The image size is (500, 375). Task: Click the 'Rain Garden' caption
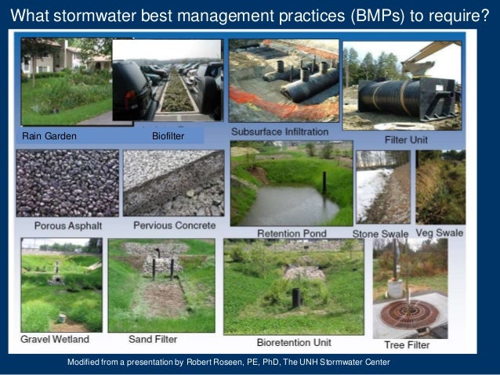(49, 136)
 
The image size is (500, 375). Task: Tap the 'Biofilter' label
(167, 136)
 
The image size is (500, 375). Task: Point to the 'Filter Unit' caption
(405, 139)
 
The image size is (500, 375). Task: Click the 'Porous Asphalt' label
(67, 225)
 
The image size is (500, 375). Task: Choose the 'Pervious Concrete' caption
(174, 225)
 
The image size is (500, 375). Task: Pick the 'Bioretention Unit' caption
(294, 342)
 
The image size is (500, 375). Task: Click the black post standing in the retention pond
(324, 182)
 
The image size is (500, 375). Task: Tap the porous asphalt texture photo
(67, 183)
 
